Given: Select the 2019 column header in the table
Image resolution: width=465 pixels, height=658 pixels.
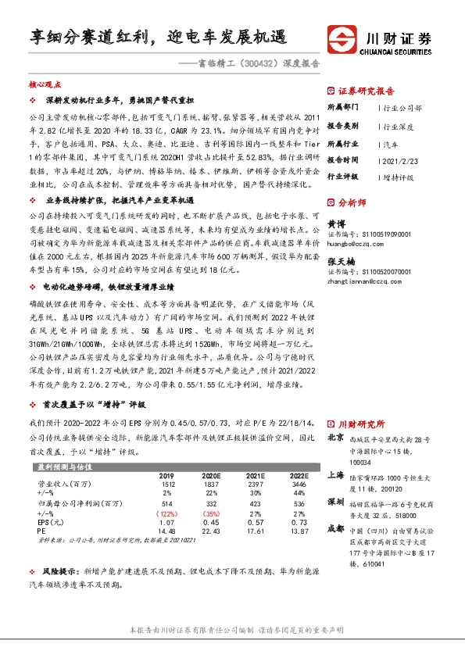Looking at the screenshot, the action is (166, 475).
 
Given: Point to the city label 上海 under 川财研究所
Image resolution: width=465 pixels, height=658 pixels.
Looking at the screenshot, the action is (336, 474).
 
